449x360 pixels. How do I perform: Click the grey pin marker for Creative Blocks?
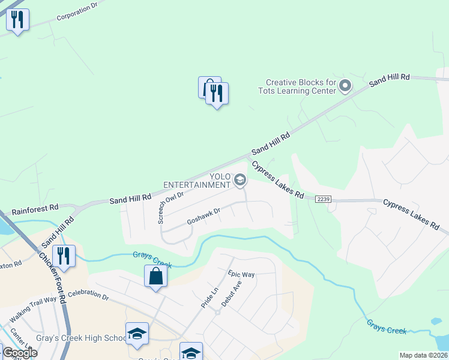345,86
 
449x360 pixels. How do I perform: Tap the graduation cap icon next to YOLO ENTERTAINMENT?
240,180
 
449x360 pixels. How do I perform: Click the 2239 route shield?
322,199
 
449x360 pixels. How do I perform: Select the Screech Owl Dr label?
171,203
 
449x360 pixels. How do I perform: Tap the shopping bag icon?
155,276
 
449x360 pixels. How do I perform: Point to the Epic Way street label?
241,275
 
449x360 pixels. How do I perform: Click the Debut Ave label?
231,293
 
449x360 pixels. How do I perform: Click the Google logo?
19,353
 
